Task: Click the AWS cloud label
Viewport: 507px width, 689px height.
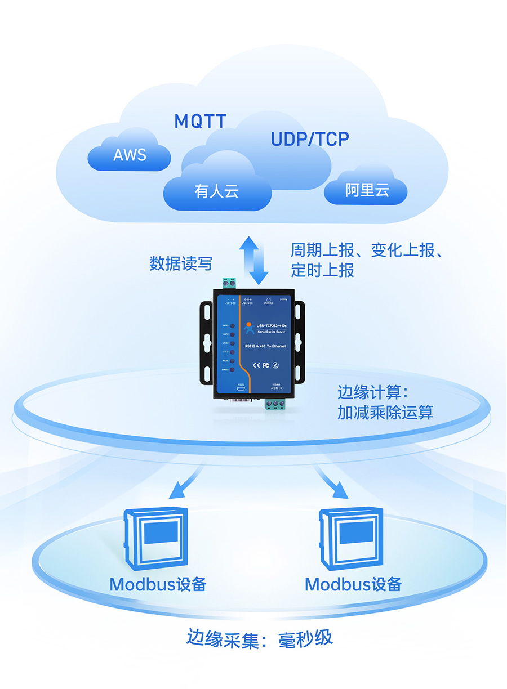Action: pyautogui.click(x=130, y=155)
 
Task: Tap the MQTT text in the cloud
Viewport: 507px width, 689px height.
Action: pyautogui.click(x=200, y=121)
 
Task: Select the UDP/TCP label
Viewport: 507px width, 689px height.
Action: pyautogui.click(x=310, y=139)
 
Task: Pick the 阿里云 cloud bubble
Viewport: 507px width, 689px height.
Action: pyautogui.click(x=367, y=191)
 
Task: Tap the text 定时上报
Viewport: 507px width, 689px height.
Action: pyautogui.click(x=322, y=270)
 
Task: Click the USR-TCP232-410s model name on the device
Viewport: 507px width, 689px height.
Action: pyautogui.click(x=271, y=326)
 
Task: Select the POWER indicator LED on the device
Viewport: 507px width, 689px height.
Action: pyautogui.click(x=232, y=370)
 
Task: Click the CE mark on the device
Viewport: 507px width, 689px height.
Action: pyautogui.click(x=255, y=365)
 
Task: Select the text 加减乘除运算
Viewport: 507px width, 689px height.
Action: pyautogui.click(x=385, y=413)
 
